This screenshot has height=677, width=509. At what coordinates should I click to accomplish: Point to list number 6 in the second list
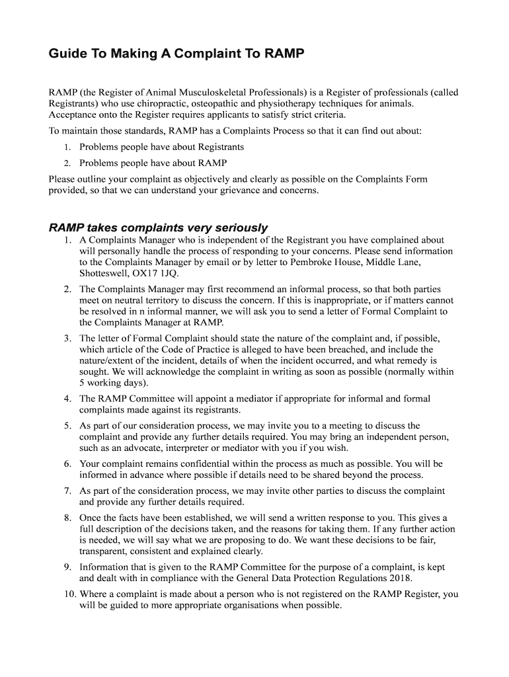pyautogui.click(x=67, y=464)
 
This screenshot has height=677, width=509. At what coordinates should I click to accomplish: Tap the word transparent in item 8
pyautogui.click(x=104, y=551)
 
